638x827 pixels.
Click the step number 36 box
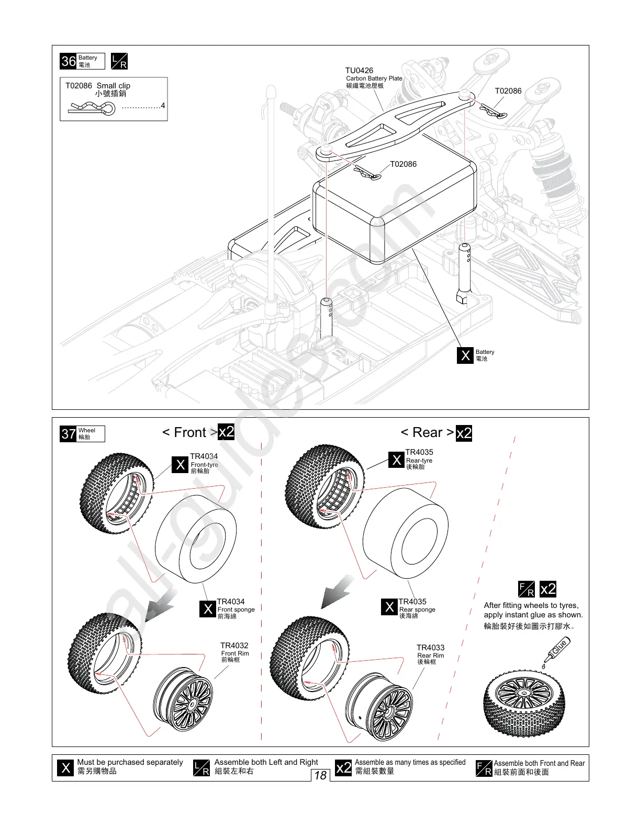pos(69,61)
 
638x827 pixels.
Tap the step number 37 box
pos(69,434)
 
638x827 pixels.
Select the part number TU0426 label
pos(359,71)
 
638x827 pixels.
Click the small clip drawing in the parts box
pos(93,108)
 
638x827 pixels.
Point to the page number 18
pos(320,775)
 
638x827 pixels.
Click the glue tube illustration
pos(555,649)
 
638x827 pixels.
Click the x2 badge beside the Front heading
pos(226,432)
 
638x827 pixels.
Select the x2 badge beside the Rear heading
pos(464,433)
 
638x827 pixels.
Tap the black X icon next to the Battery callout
pos(465,355)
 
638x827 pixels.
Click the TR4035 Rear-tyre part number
pos(419,452)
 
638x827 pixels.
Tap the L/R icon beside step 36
pos(119,61)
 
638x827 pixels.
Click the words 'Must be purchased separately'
pos(130,762)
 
